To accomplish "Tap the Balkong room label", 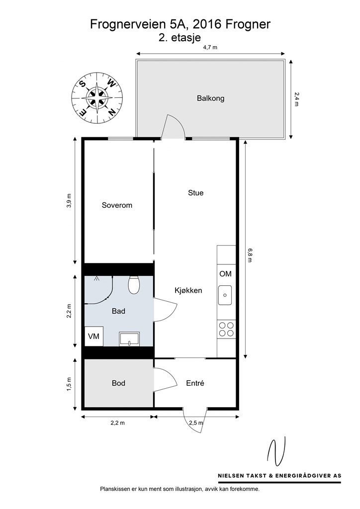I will (x=210, y=98).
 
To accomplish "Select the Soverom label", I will (x=117, y=205).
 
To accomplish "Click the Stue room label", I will (x=195, y=193).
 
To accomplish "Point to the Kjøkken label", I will (x=188, y=290).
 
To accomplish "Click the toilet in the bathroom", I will (x=134, y=285).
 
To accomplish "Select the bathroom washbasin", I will (x=130, y=339).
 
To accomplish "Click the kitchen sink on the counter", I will (x=224, y=295).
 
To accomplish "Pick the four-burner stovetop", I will (x=226, y=330).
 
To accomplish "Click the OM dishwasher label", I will (x=225, y=274).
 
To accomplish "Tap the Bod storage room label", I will (x=118, y=383).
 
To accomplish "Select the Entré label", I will (x=195, y=383).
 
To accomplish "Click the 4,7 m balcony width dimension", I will (x=211, y=48).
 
